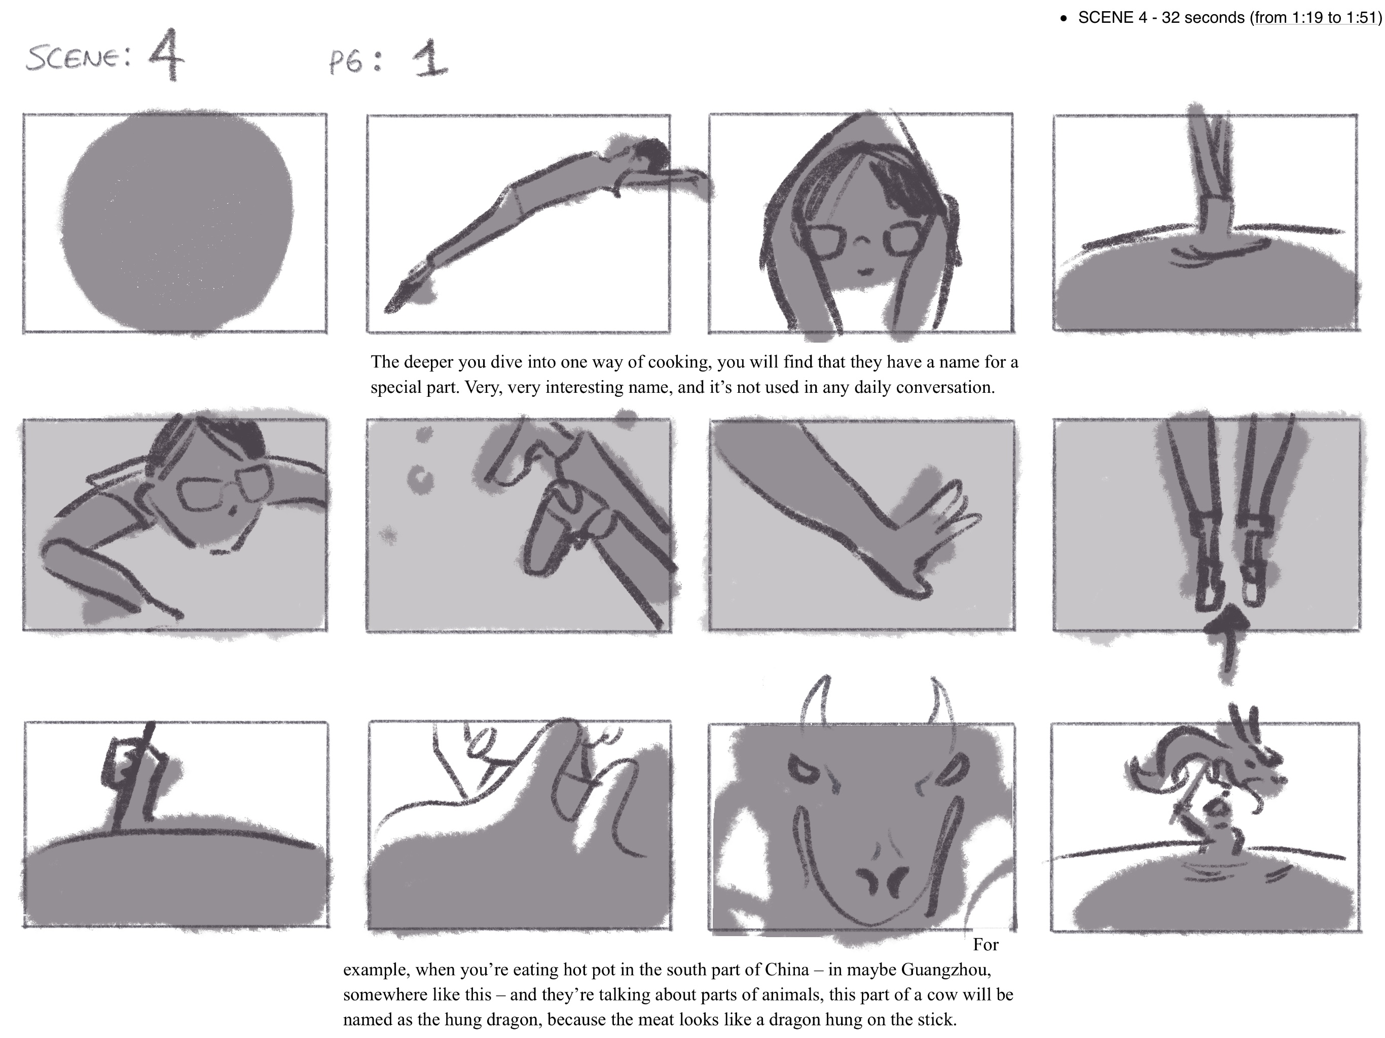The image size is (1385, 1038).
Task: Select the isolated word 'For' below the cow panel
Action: click(x=986, y=944)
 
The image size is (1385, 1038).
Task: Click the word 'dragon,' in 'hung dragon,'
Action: click(x=514, y=1019)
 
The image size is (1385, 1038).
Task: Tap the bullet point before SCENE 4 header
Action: click(x=1063, y=19)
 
